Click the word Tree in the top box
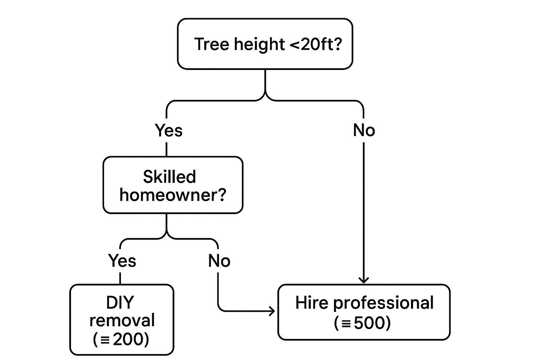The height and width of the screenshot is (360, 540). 212,44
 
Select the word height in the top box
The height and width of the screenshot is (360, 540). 260,45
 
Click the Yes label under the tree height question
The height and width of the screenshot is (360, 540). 168,130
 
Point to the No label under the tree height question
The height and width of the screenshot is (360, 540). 364,130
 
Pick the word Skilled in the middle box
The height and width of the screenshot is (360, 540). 169,176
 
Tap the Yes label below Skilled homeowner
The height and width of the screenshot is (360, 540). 122,261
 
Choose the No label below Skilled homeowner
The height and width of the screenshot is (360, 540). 219,261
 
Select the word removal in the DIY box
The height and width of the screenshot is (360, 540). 122,320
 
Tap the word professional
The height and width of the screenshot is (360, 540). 383,304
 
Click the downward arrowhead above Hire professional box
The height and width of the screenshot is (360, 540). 364,281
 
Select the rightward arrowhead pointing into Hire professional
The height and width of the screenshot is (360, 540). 272,311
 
